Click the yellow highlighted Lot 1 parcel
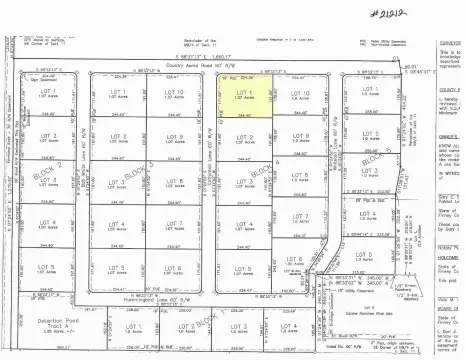pyautogui.click(x=240, y=97)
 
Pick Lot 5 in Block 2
pyautogui.click(x=45, y=271)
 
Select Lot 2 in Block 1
pyautogui.click(x=185, y=330)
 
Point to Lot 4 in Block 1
pyautogui.click(x=289, y=330)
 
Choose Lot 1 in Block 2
pyautogui.click(x=45, y=96)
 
